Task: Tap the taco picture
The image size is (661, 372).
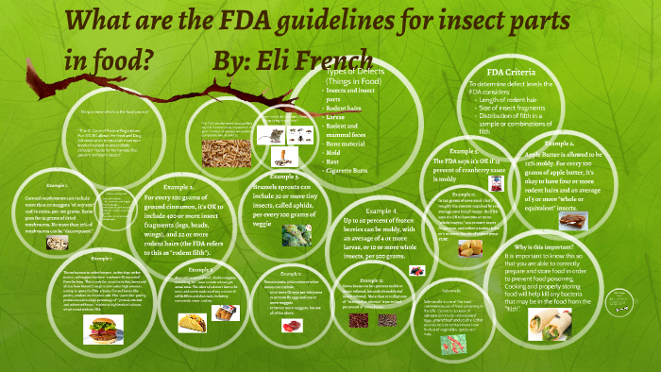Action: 191,323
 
